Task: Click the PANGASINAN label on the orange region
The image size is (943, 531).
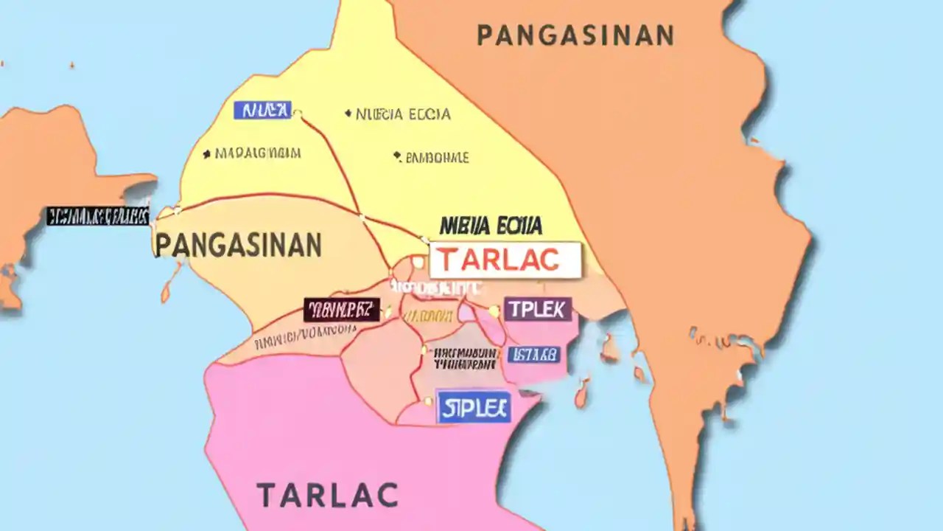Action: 575,35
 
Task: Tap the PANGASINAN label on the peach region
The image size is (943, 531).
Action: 238,245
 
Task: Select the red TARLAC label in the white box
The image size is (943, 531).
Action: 505,260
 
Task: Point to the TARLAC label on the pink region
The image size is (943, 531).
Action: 327,494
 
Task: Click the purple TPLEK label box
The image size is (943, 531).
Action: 538,310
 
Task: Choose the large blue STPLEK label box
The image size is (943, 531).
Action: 474,407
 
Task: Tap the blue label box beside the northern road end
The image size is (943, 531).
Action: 262,111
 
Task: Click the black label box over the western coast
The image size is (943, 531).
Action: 97,216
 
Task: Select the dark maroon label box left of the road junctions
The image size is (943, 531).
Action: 341,310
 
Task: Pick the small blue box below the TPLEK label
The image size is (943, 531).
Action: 533,355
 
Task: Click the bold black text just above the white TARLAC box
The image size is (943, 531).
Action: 491,225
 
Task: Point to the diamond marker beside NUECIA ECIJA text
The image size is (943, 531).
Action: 348,114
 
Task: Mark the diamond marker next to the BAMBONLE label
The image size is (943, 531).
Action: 397,156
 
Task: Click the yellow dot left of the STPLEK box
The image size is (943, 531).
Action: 427,402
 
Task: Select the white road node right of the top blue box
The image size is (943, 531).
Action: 298,114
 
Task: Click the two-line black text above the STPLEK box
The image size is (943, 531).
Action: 464,358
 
